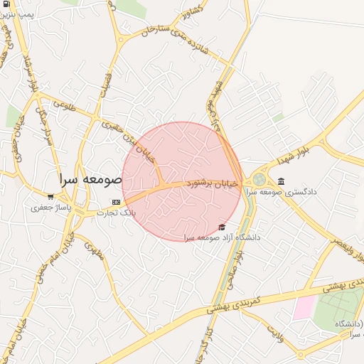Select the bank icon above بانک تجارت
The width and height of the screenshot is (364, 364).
pyautogui.click(x=116, y=202)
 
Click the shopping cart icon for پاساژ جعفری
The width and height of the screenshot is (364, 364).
pyautogui.click(x=50, y=197)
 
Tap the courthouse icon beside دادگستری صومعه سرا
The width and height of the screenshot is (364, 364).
pyautogui.click(x=282, y=181)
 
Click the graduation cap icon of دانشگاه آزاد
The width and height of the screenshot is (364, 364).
pyautogui.click(x=222, y=227)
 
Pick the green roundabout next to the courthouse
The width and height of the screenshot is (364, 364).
pyautogui.click(x=259, y=179)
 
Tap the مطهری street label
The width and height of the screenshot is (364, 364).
pyautogui.click(x=94, y=250)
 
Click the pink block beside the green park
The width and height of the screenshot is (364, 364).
pyautogui.click(x=304, y=307)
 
